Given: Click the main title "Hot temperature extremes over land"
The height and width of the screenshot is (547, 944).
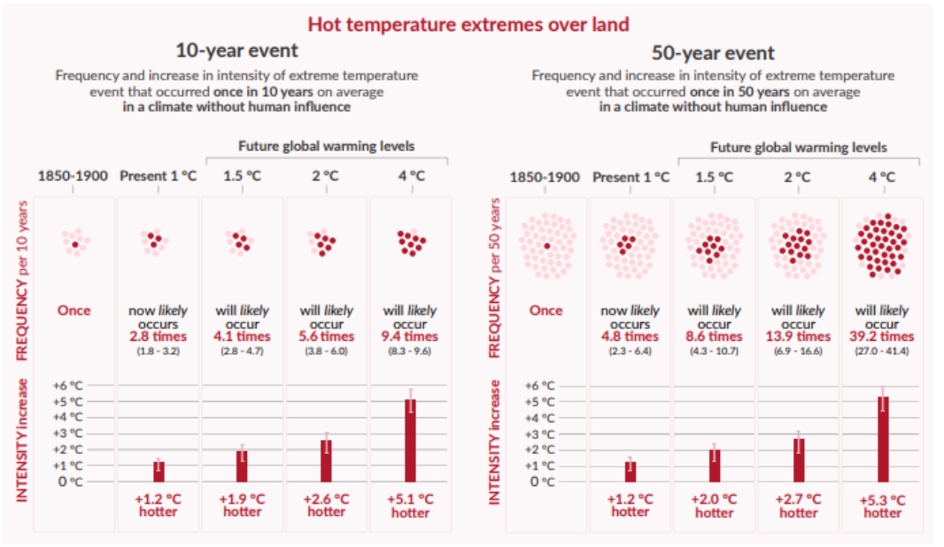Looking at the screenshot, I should [x=468, y=22].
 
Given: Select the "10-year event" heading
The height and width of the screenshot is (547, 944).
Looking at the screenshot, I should [x=236, y=50].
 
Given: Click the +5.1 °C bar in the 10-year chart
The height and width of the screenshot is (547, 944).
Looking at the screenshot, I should [x=410, y=440].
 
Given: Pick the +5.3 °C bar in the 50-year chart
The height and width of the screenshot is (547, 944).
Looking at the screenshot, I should [x=882, y=439].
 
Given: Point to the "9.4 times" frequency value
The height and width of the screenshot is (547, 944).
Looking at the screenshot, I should [x=410, y=336].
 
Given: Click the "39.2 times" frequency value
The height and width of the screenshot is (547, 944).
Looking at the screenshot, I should [x=882, y=337].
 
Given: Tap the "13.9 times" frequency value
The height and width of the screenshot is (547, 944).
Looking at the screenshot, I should [x=798, y=337].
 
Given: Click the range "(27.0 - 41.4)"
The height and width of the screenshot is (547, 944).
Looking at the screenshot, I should [x=882, y=351].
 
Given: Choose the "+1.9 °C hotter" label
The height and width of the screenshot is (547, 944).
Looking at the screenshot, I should [x=242, y=505].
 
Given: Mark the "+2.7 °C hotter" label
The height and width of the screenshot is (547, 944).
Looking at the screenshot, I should [x=798, y=505].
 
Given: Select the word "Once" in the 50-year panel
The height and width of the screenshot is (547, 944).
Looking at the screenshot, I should [x=546, y=311].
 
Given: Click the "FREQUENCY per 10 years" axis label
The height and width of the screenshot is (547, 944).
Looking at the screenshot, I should [x=22, y=281].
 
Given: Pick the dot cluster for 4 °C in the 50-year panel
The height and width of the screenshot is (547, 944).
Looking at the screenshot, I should [x=882, y=244].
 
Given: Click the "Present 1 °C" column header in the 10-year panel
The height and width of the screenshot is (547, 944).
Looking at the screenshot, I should [x=158, y=175].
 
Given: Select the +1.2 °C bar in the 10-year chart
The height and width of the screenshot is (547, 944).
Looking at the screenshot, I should [x=159, y=471].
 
